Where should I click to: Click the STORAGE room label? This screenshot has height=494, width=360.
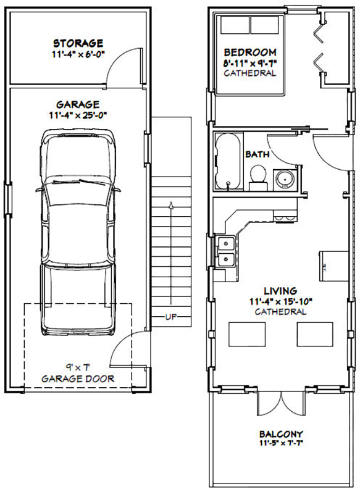pos(78,43)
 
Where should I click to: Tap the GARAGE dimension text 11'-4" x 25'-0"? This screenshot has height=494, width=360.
pos(78,115)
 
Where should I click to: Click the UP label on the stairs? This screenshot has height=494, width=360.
pos(171,317)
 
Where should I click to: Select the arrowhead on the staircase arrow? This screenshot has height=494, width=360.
pos(171,205)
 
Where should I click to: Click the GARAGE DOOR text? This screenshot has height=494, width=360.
pos(78,379)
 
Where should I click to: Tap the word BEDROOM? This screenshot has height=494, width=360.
pos(250,52)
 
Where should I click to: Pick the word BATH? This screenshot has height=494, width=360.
pos(257,154)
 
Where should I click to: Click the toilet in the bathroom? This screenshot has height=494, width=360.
pos(258,178)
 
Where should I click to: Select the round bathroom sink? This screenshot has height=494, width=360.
pos(285,179)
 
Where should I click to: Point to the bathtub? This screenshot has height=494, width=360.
pos(228,161)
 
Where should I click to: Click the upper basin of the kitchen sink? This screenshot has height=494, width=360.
pos(226,243)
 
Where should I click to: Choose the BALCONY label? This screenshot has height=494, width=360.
pos(281,434)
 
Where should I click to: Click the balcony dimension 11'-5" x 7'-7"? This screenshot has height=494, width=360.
pos(281,443)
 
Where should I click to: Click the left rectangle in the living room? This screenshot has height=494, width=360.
pos(247,334)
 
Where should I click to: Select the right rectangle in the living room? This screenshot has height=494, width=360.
pos(315,334)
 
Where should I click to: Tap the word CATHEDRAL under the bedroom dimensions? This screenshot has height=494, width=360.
pos(250,73)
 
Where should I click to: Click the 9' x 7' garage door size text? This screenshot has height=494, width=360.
pos(78,367)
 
